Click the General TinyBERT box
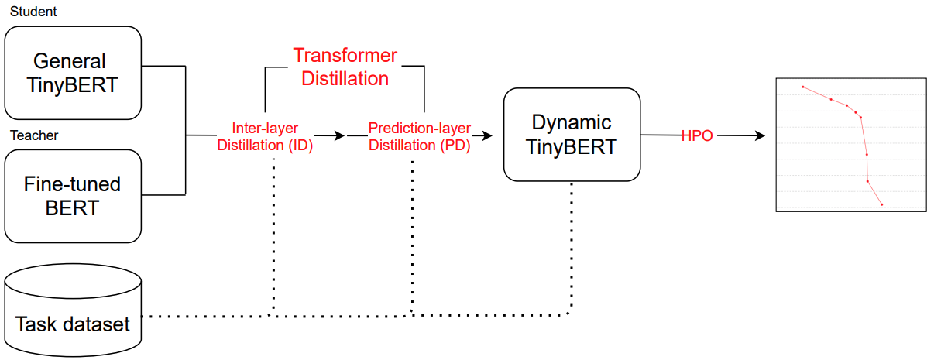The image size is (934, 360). pyautogui.click(x=73, y=72)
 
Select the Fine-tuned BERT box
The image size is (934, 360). pyautogui.click(x=73, y=196)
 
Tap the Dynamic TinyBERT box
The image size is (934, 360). pyautogui.click(x=572, y=135)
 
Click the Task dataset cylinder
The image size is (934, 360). pyautogui.click(x=74, y=314)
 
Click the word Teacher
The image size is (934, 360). pyautogui.click(x=34, y=136)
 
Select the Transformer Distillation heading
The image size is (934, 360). pyautogui.click(x=345, y=67)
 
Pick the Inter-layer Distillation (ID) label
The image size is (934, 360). pyautogui.click(x=265, y=136)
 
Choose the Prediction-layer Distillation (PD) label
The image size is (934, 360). pyautogui.click(x=419, y=136)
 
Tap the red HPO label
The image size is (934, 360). pyautogui.click(x=697, y=135)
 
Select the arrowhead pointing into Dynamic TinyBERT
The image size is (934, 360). pyautogui.click(x=487, y=135)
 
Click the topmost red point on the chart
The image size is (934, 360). pyautogui.click(x=803, y=87)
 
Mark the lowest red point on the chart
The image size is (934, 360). pyautogui.click(x=881, y=204)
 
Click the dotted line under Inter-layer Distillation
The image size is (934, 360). pyautogui.click(x=273, y=232)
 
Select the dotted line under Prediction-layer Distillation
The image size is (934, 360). pyautogui.click(x=412, y=232)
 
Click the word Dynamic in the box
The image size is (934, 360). pyautogui.click(x=572, y=122)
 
